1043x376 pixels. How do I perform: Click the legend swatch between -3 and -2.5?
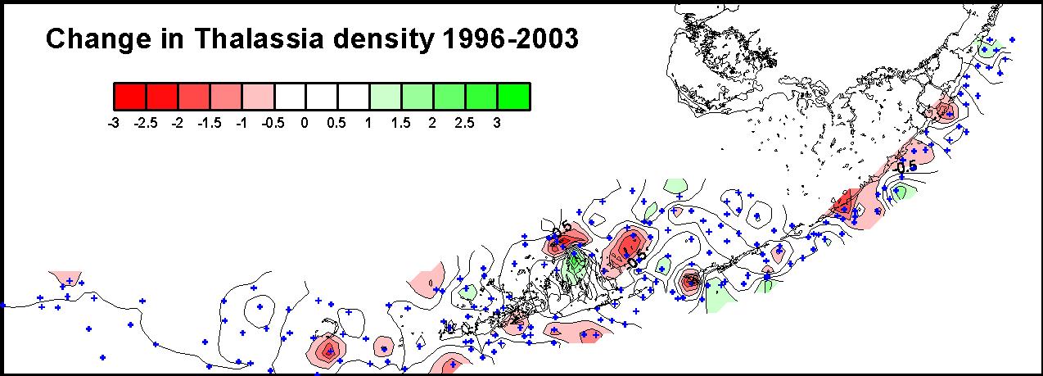(x=129, y=97)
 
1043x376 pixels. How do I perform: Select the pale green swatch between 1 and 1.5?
(x=386, y=97)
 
